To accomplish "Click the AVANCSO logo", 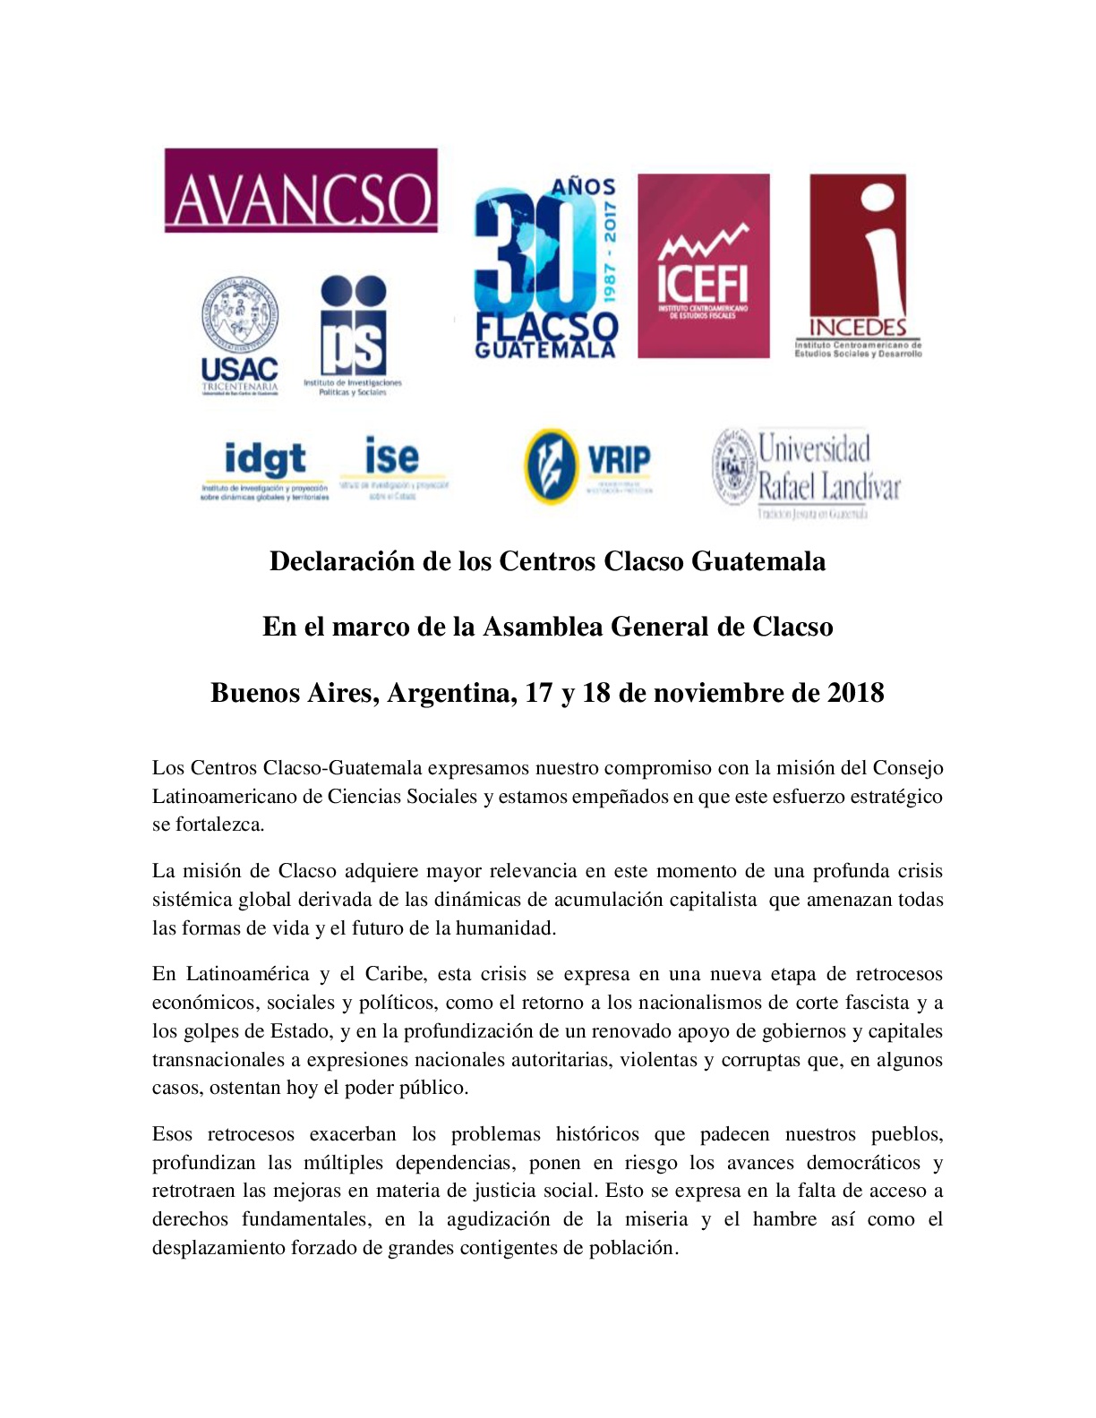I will [301, 191].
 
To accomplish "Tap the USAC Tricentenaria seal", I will [239, 315].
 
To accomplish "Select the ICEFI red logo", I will [703, 266].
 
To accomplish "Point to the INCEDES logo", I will [857, 266].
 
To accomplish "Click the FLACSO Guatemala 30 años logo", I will [545, 268].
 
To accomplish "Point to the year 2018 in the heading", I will [855, 693].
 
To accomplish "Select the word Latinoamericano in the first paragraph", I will [224, 797].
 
